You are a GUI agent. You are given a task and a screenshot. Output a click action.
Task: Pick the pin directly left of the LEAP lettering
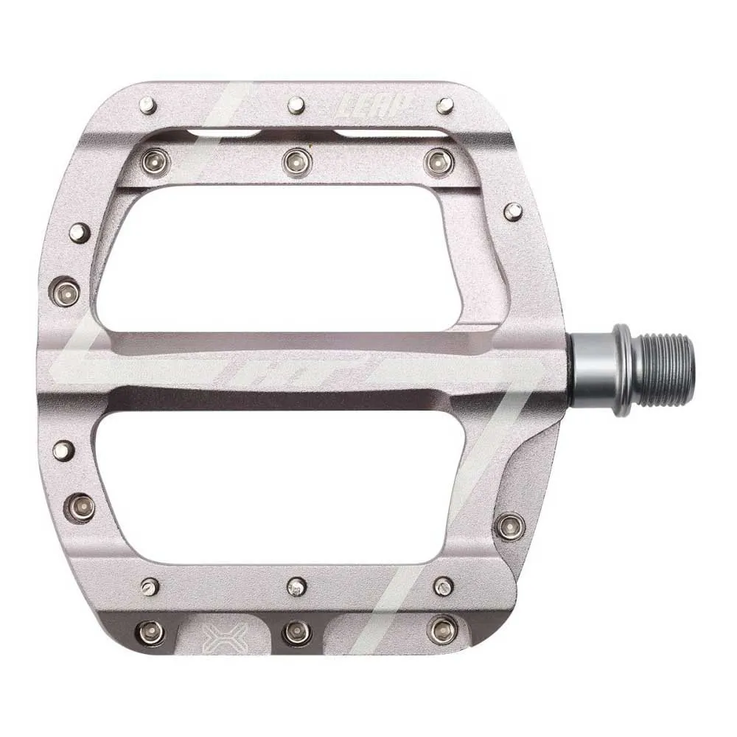296,105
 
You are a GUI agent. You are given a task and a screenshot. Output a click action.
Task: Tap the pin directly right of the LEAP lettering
444,105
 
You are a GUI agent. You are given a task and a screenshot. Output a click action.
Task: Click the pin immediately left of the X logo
150,632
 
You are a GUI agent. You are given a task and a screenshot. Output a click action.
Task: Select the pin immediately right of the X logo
296,632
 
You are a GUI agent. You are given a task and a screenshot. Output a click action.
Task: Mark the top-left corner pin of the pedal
147,105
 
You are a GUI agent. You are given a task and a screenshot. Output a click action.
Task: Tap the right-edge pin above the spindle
513,212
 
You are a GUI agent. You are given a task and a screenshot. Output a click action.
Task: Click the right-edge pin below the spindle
509,525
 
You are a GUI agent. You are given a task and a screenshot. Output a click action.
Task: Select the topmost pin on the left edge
79,233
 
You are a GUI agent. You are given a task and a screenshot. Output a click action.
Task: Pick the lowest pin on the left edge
80,507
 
